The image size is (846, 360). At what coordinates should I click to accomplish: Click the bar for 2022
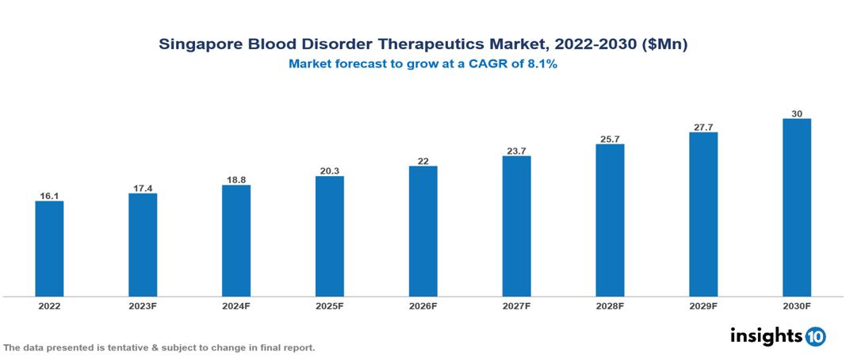click(49, 249)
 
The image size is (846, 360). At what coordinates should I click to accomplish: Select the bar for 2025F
click(329, 236)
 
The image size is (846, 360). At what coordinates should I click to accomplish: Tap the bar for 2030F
click(796, 208)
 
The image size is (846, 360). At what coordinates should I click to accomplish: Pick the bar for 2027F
click(516, 226)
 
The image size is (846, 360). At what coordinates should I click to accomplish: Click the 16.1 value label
click(49, 194)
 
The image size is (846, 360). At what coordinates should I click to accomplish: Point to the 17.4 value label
click(143, 187)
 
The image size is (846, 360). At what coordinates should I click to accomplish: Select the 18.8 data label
click(236, 179)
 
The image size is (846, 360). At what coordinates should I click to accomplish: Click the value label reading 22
click(423, 160)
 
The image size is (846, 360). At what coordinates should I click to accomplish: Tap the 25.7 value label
click(610, 139)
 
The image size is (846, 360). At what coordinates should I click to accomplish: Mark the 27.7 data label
click(703, 126)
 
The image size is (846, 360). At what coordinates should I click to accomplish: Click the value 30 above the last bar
click(796, 113)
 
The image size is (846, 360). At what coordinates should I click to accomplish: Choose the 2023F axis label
click(143, 305)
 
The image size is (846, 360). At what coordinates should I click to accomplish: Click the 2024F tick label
click(236, 305)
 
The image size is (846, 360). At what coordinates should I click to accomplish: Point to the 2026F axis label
click(423, 305)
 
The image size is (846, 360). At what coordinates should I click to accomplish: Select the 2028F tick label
click(610, 305)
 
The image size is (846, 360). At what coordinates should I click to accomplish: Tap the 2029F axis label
click(703, 305)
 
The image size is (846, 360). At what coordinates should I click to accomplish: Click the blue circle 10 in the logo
click(815, 336)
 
